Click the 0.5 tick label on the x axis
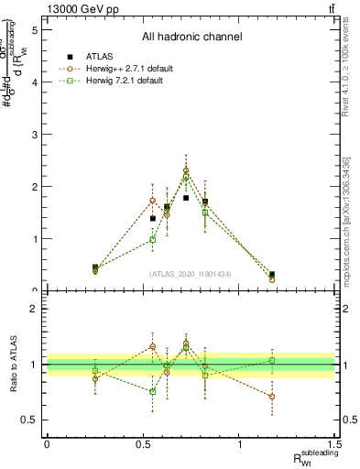point(143,444)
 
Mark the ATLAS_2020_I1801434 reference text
point(191,274)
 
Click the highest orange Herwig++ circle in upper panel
point(186,170)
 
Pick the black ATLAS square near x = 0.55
point(153,218)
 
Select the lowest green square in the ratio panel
point(153,391)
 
